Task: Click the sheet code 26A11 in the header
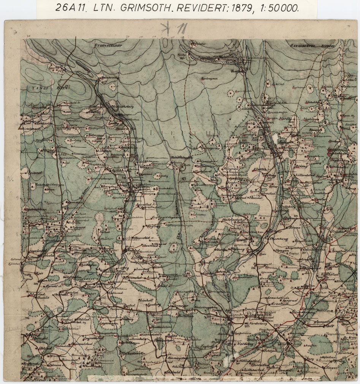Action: [71, 8]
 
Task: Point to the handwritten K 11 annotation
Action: [170, 29]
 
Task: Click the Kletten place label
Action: [258, 170]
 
